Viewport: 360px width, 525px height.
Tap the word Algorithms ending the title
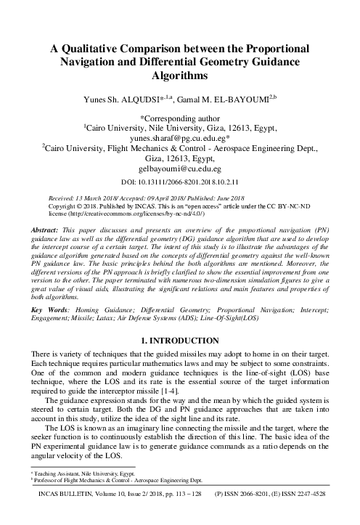pyautogui.click(x=179, y=76)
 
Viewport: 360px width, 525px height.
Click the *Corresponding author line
pyautogui.click(x=179, y=115)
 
